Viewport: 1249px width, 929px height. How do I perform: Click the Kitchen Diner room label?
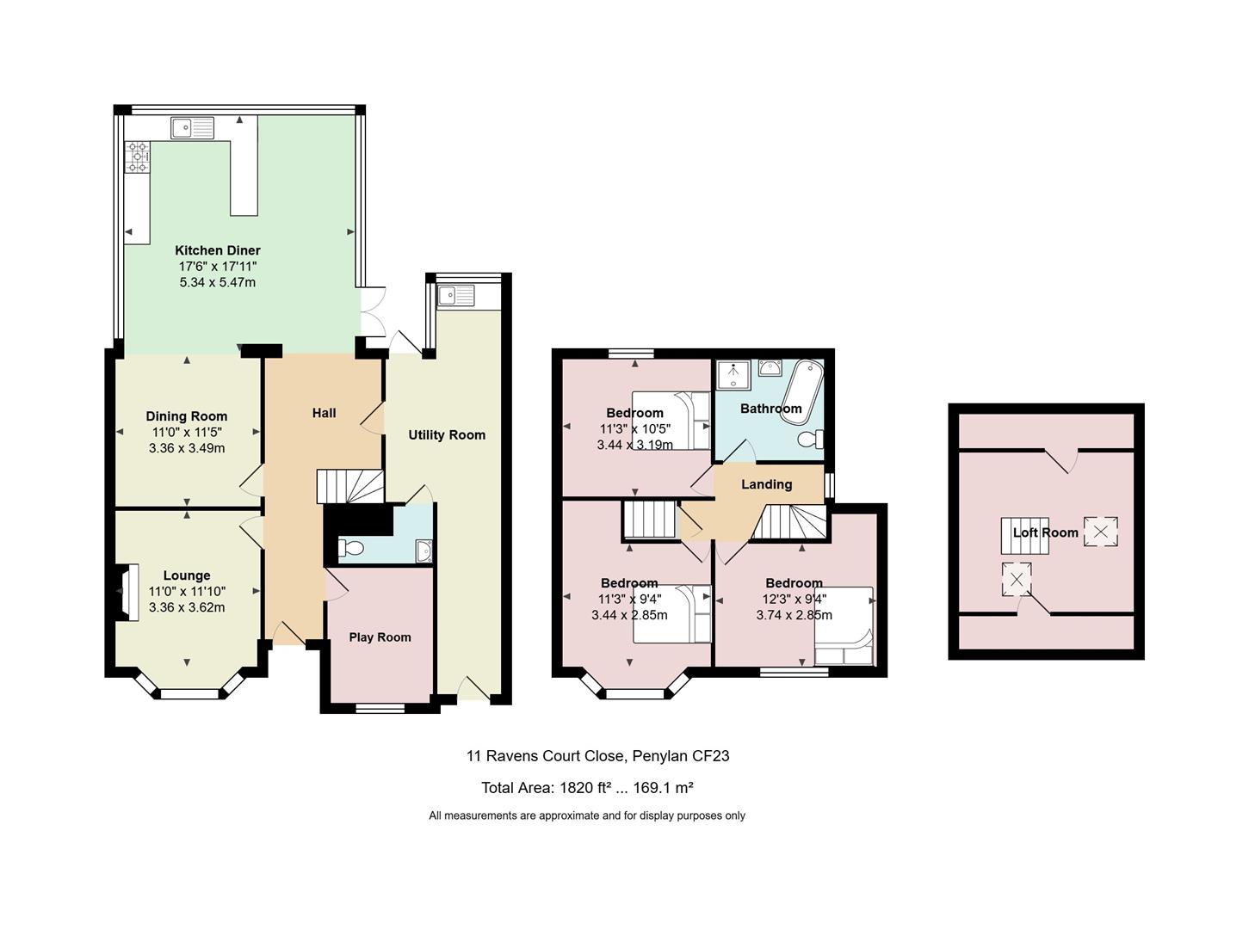tap(218, 250)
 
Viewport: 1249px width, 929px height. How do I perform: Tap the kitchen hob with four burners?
tap(138, 157)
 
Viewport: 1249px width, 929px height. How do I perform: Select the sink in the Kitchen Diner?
tap(193, 127)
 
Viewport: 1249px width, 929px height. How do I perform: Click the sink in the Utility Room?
tap(456, 295)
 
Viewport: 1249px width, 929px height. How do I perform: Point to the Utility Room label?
tap(447, 435)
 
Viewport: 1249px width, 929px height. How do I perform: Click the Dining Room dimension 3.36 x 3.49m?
tap(187, 448)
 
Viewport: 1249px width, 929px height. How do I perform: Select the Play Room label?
tap(380, 637)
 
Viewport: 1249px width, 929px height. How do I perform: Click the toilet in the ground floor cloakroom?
tap(351, 547)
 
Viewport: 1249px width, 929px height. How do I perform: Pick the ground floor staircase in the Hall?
tap(349, 487)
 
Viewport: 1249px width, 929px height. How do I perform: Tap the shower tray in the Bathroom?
tap(733, 375)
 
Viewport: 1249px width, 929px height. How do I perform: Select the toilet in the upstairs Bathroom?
tap(810, 439)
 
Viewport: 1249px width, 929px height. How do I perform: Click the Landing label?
tap(766, 484)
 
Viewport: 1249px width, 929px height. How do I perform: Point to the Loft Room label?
tap(1046, 532)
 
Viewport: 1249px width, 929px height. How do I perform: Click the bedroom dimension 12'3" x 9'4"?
tap(794, 599)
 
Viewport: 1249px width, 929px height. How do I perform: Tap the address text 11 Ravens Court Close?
tap(546, 756)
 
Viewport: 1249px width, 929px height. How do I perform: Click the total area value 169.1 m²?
tap(663, 788)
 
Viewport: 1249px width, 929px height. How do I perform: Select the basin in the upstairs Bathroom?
tap(769, 367)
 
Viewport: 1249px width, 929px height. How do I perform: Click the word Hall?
tap(324, 413)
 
